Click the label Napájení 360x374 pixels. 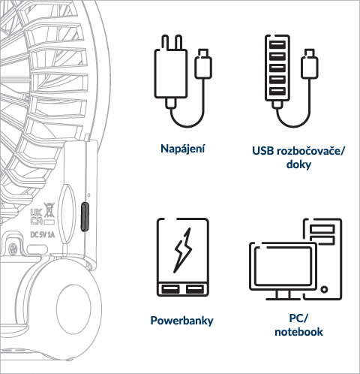tap(182, 149)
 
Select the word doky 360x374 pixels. tap(298, 164)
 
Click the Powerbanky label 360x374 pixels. tap(181, 321)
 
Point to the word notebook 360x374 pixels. tap(298, 332)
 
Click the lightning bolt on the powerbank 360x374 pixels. tap(183, 250)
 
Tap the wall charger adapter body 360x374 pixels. tap(171, 74)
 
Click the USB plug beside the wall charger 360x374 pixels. tap(203, 64)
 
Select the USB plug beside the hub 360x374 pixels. tap(310, 64)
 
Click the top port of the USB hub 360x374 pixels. tap(277, 45)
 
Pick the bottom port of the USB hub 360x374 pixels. tap(277, 91)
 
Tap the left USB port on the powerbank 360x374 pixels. tap(171, 289)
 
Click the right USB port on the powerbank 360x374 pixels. tap(194, 289)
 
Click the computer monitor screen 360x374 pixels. tap(283, 266)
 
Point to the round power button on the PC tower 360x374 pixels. tap(324, 289)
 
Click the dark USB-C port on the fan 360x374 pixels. tap(85, 216)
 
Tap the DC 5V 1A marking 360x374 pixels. tap(42, 235)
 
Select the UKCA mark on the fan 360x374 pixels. tap(36, 217)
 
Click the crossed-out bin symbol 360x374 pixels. tap(49, 210)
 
